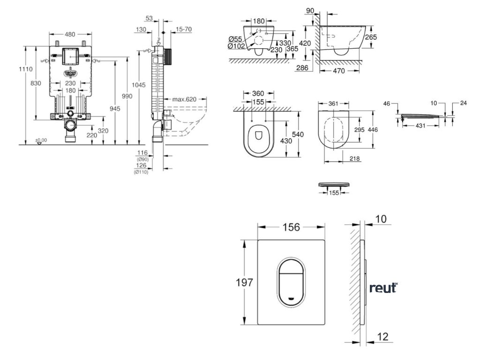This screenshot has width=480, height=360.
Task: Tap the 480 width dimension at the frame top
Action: (70, 34)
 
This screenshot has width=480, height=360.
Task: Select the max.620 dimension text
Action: (183, 99)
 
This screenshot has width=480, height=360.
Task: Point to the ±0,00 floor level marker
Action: (41, 140)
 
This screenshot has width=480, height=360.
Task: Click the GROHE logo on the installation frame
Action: (70, 73)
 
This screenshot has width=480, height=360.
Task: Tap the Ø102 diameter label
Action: (235, 46)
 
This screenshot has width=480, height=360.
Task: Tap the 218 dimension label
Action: (354, 159)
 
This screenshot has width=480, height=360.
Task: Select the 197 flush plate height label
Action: (244, 283)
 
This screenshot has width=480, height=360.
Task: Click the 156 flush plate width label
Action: (291, 226)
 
